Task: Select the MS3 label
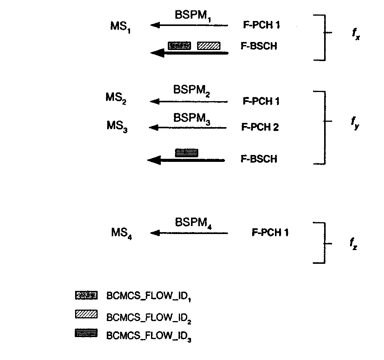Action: click(x=117, y=126)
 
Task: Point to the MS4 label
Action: click(x=122, y=232)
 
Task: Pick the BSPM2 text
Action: click(x=192, y=90)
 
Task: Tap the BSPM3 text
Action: click(x=192, y=118)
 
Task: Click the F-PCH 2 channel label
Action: click(x=260, y=127)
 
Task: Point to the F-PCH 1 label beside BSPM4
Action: click(x=270, y=232)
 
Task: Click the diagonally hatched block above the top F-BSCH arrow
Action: click(x=209, y=45)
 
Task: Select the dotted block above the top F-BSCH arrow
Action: click(x=179, y=45)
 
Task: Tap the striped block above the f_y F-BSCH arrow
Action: click(x=186, y=153)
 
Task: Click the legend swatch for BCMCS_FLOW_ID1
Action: click(x=87, y=295)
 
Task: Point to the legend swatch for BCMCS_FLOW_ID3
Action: click(x=87, y=333)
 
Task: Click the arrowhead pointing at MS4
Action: click(x=154, y=233)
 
